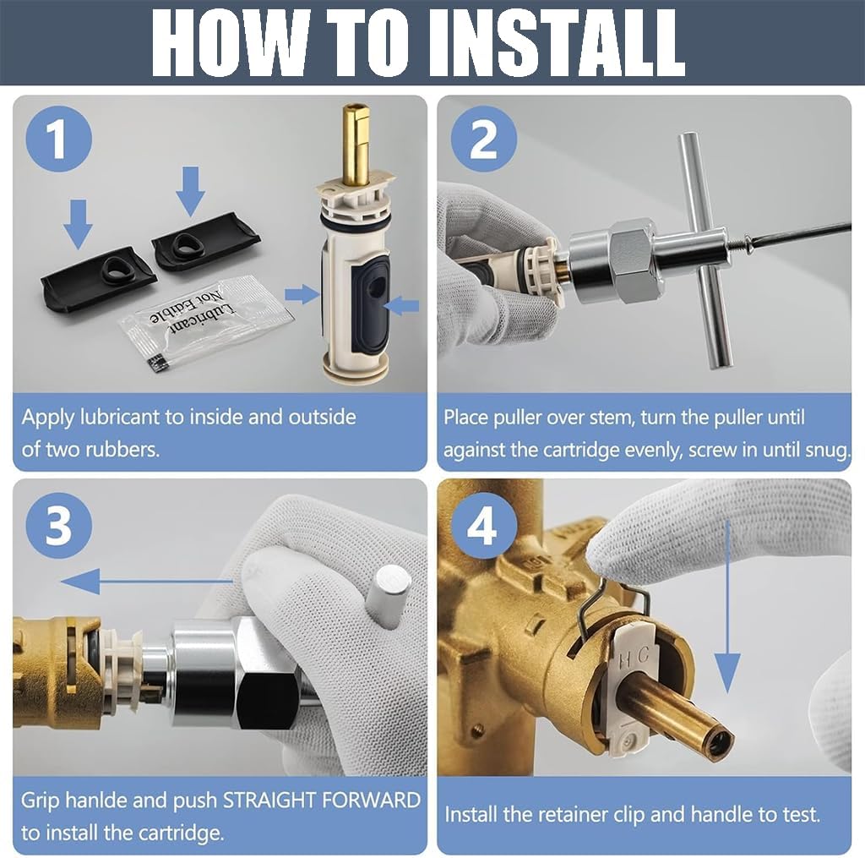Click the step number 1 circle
coord(59,139)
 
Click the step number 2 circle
coord(484,139)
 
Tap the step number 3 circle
coord(59,525)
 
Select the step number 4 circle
coord(484,525)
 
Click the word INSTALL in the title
coord(558,43)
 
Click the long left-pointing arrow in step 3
coord(146,582)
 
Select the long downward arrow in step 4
coord(727,606)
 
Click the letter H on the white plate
coord(624,659)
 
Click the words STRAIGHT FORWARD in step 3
coord(322,800)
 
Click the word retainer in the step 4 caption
coord(572,815)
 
